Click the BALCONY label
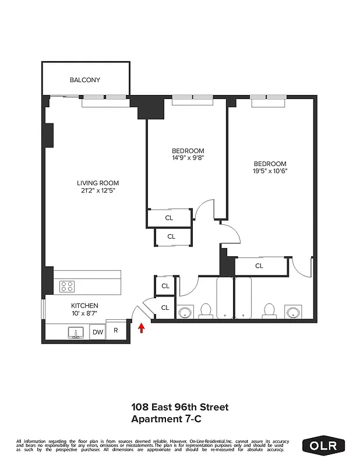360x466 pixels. click(x=85, y=80)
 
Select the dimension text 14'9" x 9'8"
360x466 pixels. click(x=188, y=157)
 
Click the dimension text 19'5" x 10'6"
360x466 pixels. click(x=270, y=171)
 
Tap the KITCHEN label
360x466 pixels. click(x=84, y=306)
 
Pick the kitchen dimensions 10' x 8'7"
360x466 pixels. click(x=84, y=313)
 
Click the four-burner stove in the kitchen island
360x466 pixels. click(x=68, y=287)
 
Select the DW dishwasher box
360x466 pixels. click(x=97, y=331)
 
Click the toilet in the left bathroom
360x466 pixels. click(x=206, y=310)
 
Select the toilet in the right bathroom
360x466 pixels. click(x=269, y=310)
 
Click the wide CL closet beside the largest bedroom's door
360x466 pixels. click(x=259, y=266)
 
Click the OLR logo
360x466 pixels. click(x=324, y=445)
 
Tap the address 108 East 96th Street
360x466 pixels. click(x=179, y=407)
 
